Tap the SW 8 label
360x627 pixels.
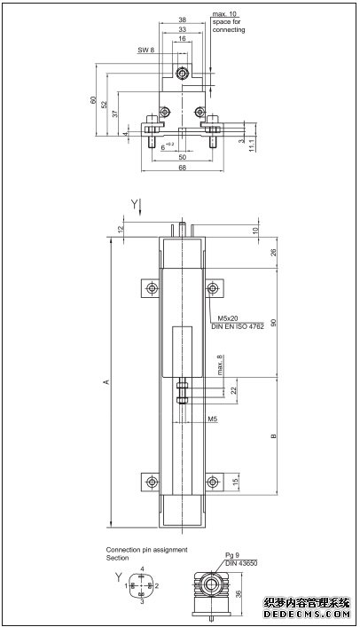pyautogui.click(x=146, y=51)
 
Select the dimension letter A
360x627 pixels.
pyautogui.click(x=106, y=382)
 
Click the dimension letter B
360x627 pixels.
pyautogui.click(x=273, y=435)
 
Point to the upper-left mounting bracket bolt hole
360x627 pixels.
pyautogui.click(x=147, y=289)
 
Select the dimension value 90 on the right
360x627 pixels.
pyautogui.click(x=273, y=322)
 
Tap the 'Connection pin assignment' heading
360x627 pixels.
pyautogui.click(x=146, y=550)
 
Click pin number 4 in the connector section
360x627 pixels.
pyautogui.click(x=142, y=568)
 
